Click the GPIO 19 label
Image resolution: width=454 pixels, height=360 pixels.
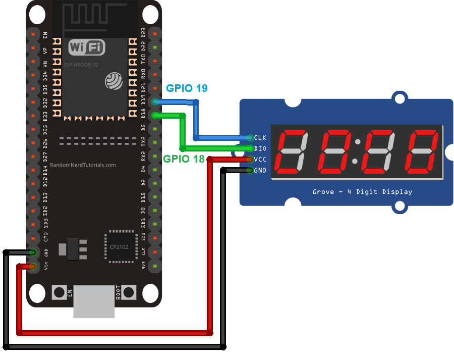tap(187, 88)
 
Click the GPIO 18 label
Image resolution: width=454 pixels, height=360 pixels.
tap(184, 159)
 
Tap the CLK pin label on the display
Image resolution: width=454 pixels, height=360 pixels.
tap(260, 137)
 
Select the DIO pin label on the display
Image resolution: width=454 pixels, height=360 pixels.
tap(260, 148)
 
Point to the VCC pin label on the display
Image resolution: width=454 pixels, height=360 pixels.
tap(260, 160)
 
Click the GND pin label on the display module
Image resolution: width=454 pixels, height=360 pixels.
tap(260, 171)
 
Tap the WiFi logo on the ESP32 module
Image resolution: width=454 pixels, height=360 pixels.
tap(87, 48)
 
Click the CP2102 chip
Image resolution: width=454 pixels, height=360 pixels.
tap(121, 247)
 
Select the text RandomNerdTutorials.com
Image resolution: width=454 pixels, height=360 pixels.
tap(83, 165)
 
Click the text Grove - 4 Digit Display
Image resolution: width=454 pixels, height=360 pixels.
tap(362, 192)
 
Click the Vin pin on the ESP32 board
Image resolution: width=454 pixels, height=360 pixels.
tap(33, 266)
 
